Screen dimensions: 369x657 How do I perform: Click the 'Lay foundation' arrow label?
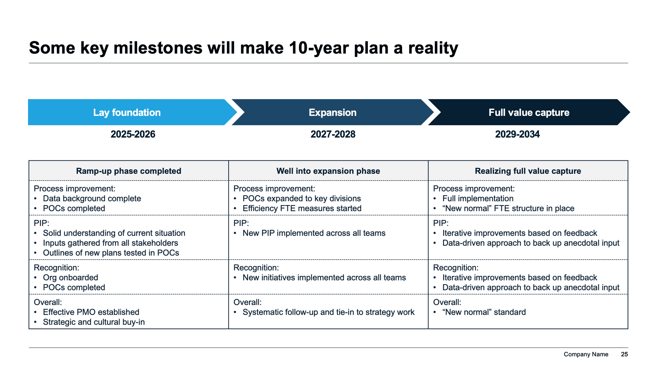coord(127,113)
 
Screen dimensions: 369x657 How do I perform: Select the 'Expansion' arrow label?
coord(332,113)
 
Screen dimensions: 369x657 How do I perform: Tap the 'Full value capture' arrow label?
coord(529,113)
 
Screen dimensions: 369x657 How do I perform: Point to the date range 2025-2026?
coord(133,134)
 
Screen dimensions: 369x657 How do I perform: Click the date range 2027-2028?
coord(333,134)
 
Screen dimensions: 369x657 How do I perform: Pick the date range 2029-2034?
coord(517,134)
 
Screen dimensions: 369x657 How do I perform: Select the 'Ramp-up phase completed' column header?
coord(128,171)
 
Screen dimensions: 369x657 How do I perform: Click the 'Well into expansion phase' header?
coord(328,171)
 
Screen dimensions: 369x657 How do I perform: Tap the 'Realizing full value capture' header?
coord(528,171)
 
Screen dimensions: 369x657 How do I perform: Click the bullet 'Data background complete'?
coord(92,199)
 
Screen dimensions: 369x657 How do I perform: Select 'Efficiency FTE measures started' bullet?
coord(302,209)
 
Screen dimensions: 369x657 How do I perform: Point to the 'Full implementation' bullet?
coord(478,199)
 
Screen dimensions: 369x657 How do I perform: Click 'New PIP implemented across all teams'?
coord(314,233)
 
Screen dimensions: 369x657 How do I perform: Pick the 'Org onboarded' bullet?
coord(70,278)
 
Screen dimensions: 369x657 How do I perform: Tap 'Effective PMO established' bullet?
coord(91,312)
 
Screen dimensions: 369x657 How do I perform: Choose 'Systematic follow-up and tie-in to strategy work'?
coord(328,312)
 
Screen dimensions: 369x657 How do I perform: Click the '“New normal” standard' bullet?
coord(484,312)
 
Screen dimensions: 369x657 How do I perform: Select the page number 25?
coord(624,354)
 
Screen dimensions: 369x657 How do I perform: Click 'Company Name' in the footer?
coord(586,354)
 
